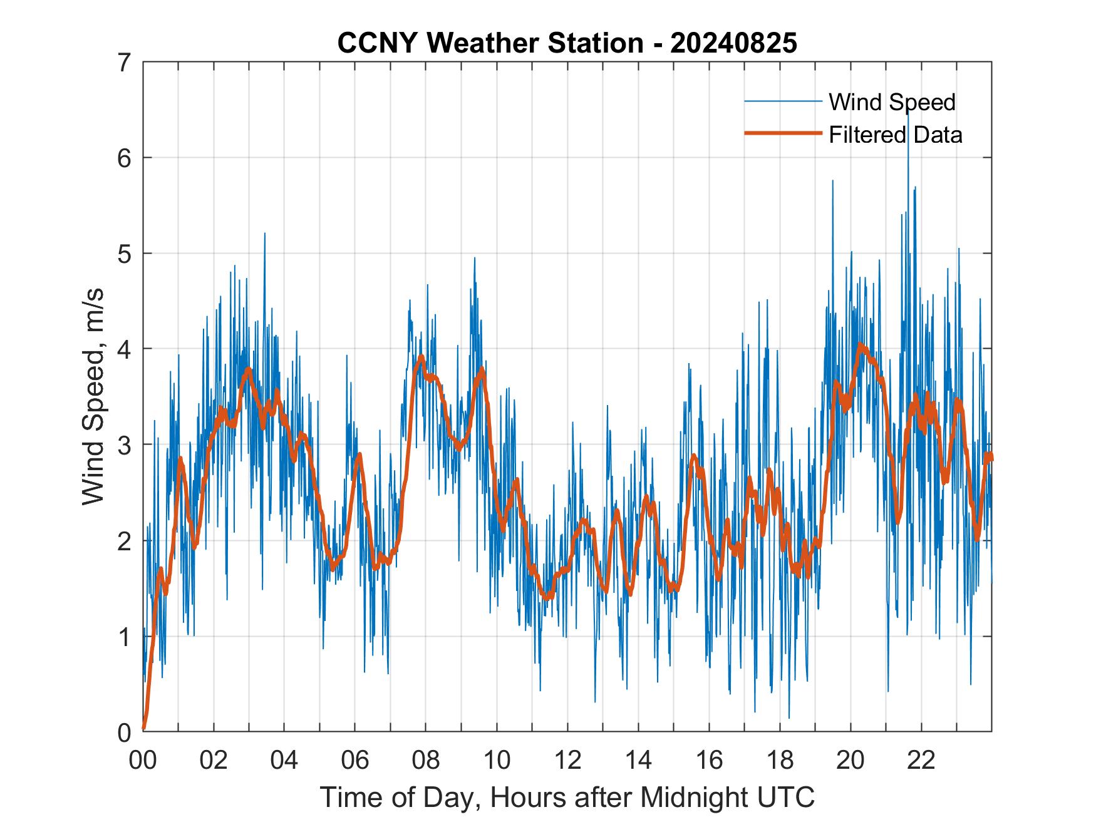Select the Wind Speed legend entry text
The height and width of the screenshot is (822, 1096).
click(x=892, y=102)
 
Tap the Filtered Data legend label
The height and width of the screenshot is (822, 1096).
click(x=895, y=135)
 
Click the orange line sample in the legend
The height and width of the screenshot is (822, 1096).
click(x=783, y=133)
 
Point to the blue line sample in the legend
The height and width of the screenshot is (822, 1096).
click(x=783, y=101)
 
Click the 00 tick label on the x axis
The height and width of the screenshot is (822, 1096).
click(x=143, y=760)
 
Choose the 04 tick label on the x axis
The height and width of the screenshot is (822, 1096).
click(x=284, y=760)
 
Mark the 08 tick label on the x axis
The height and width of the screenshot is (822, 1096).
click(x=426, y=760)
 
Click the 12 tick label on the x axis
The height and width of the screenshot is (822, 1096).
click(x=567, y=760)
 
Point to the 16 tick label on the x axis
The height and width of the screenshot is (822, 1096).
click(x=709, y=760)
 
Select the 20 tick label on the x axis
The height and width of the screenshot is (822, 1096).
click(x=850, y=760)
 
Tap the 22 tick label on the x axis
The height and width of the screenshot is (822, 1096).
click(x=921, y=760)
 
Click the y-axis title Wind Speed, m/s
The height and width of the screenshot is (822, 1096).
click(x=93, y=397)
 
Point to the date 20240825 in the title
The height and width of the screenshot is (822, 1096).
click(x=733, y=43)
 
